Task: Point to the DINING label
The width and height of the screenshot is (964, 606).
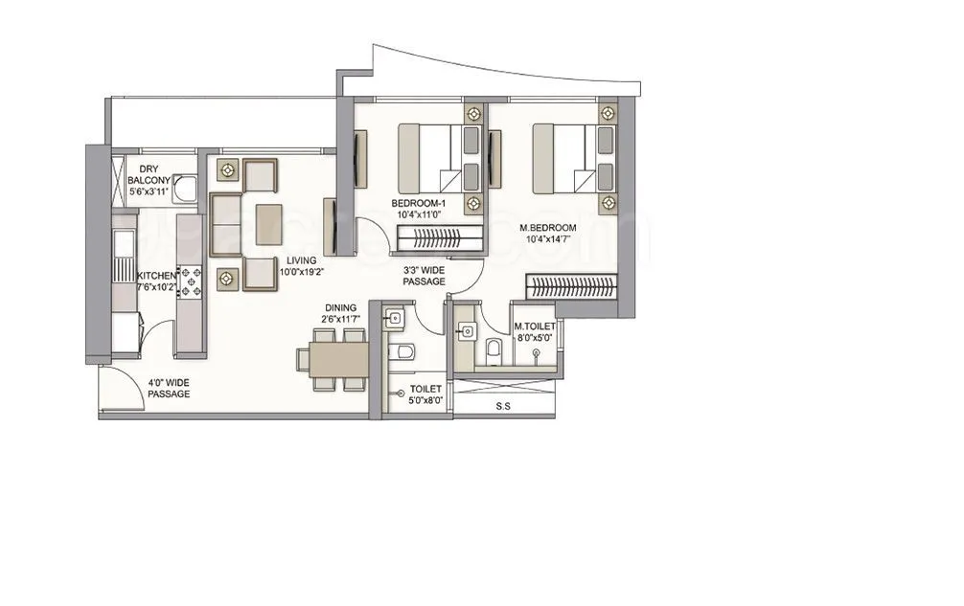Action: point(341,309)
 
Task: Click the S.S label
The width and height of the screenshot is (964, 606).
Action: point(502,406)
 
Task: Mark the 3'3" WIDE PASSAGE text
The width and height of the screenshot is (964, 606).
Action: point(424,277)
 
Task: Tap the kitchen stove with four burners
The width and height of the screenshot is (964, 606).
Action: point(190,281)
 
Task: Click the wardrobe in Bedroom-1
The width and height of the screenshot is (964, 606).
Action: point(441,238)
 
